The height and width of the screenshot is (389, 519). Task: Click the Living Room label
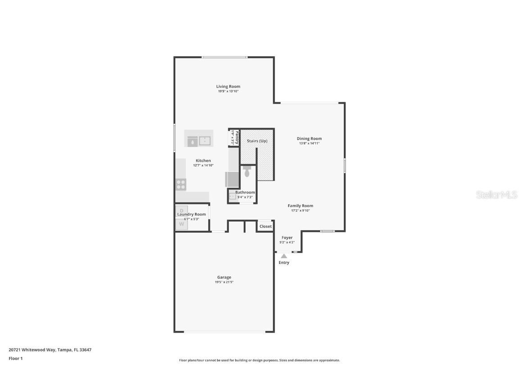(x=228, y=86)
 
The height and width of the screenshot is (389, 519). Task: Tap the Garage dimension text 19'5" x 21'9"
(x=224, y=282)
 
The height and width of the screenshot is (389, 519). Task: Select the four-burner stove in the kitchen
(x=181, y=185)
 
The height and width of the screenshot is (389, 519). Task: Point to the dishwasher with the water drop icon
(x=192, y=141)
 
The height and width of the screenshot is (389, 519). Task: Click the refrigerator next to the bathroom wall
(x=232, y=179)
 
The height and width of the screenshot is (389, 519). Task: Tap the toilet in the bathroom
(x=247, y=171)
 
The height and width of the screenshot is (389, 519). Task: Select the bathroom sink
(x=232, y=196)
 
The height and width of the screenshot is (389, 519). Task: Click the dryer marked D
(x=182, y=210)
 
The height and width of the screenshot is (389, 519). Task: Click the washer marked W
(x=182, y=224)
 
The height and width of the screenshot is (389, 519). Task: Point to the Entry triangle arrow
(x=284, y=256)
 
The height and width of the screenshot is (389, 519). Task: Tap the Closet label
(x=265, y=226)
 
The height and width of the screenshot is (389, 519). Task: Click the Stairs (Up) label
(x=257, y=141)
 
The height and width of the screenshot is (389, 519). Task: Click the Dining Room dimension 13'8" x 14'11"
(x=309, y=144)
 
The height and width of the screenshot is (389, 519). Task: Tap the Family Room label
(x=300, y=206)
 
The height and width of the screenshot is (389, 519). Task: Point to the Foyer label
(x=287, y=238)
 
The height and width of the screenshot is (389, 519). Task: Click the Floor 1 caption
(x=15, y=359)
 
